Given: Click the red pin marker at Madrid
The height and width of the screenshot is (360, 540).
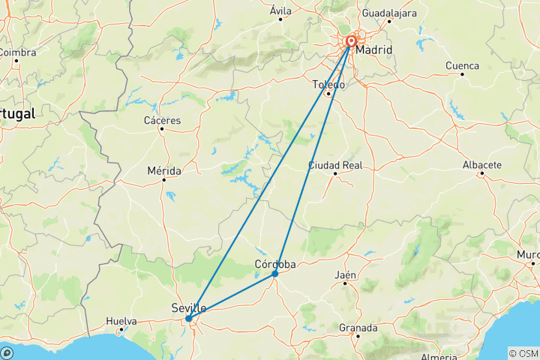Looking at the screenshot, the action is pos(351,42).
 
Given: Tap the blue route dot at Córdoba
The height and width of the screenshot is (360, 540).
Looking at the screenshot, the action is pos(275,274).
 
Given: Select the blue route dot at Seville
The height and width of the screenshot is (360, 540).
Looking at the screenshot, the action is pos(188,319).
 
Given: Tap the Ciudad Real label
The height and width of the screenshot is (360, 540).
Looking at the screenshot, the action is pos(335,164).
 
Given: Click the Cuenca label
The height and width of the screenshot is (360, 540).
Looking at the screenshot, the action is pos(462,65).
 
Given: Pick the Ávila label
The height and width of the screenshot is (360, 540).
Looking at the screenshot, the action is pos(280,10).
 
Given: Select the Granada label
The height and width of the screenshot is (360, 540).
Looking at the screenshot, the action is pos(358,328).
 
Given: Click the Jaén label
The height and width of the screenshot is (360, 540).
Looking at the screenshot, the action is pos(345,275).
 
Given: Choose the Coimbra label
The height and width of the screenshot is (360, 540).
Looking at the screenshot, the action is pos(16,52).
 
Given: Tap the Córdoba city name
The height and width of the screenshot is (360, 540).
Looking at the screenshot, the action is pos(275,264).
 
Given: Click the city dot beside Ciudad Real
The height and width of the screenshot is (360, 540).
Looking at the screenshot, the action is pos(335,174).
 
